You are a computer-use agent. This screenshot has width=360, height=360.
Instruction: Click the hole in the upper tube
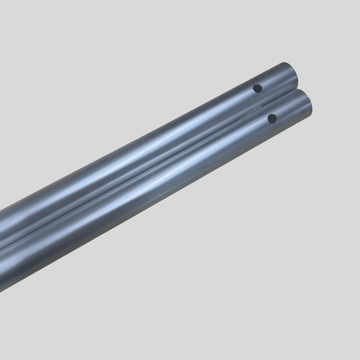257,88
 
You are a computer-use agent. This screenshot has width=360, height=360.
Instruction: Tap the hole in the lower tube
272,118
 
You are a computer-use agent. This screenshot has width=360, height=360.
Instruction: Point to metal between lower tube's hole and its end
290,111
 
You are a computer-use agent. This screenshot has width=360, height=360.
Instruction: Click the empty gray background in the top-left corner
27,27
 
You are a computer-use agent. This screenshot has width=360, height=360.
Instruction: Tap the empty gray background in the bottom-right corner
331,331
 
